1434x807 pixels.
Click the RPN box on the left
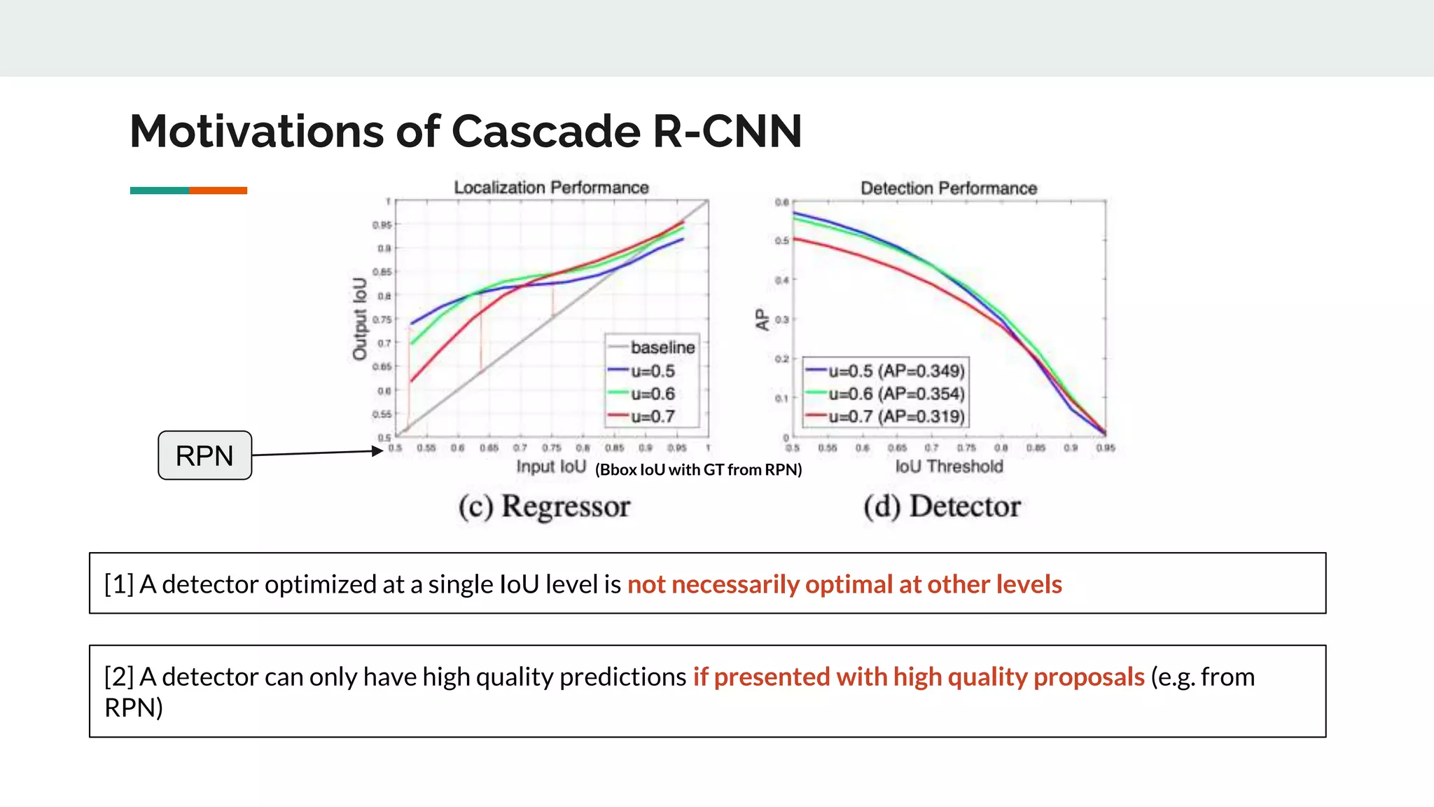click(204, 455)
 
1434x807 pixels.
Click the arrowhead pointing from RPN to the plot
click(378, 451)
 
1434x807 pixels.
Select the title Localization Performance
click(551, 188)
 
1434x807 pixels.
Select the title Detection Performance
click(948, 188)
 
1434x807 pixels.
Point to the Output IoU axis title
click(360, 319)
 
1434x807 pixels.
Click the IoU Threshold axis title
click(949, 467)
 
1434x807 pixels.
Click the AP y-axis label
click(762, 319)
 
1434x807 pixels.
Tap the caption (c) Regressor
click(544, 506)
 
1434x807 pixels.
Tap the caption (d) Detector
click(942, 506)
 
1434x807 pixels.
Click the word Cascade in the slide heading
click(546, 131)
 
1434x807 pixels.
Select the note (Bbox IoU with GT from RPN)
click(698, 469)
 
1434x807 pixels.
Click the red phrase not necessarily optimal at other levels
click(844, 584)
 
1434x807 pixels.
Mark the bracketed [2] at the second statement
click(118, 677)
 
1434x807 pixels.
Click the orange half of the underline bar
click(218, 191)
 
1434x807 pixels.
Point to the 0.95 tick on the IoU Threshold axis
click(1106, 448)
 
